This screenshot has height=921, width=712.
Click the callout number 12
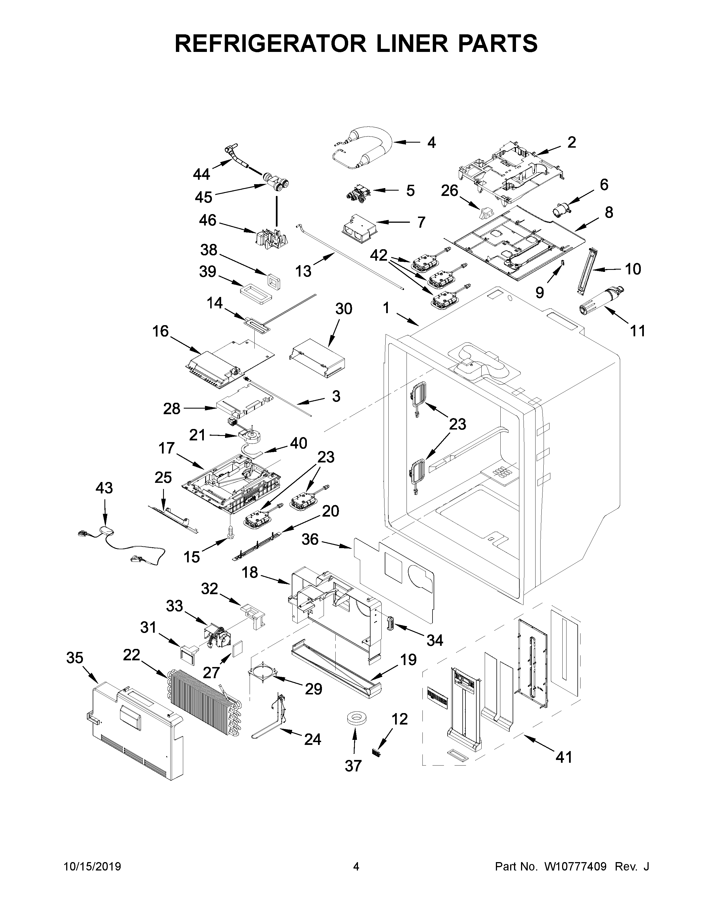[x=400, y=719]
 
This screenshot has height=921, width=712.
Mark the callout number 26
[x=450, y=191]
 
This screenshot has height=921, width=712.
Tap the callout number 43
[x=104, y=488]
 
